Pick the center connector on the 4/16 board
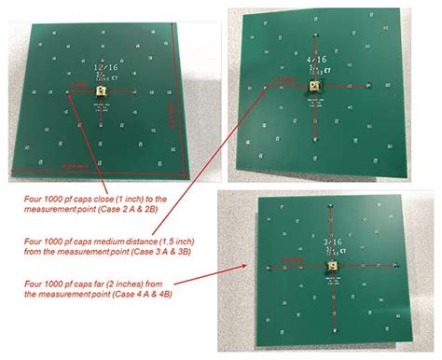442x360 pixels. (x=316, y=85)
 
